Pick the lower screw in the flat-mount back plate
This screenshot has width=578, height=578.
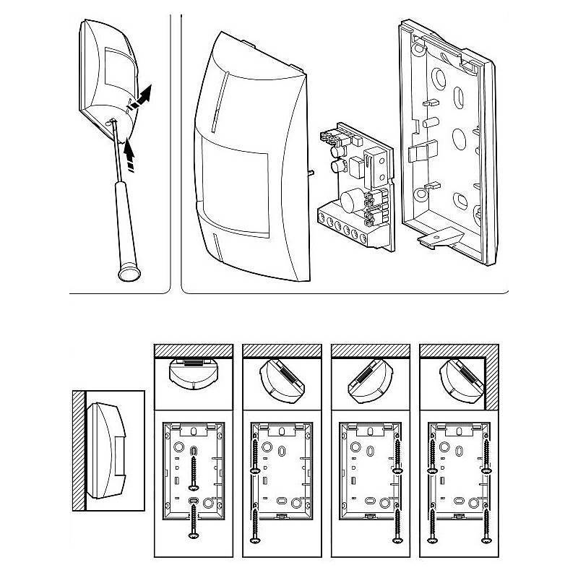pyautogui.click(x=194, y=520)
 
